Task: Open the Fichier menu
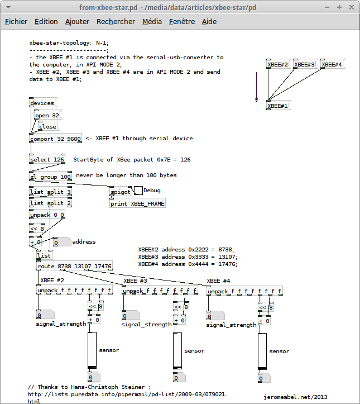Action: click(16, 22)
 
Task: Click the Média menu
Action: click(152, 22)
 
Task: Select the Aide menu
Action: click(209, 22)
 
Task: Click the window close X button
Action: click(352, 7)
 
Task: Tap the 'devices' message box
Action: click(43, 103)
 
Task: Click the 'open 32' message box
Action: click(48, 115)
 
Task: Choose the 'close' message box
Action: click(48, 126)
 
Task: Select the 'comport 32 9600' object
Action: click(56, 139)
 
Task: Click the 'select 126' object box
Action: click(47, 159)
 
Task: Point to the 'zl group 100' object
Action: click(50, 177)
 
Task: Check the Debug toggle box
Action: click(138, 191)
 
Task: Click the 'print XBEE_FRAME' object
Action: click(137, 203)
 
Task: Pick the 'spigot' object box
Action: click(121, 192)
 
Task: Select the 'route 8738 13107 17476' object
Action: click(75, 266)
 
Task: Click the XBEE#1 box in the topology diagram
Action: click(278, 106)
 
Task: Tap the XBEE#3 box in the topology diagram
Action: click(305, 64)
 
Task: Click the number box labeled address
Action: click(62, 242)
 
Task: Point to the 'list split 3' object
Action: click(50, 192)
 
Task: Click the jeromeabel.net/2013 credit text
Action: click(295, 397)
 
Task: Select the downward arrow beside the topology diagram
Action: click(256, 87)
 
